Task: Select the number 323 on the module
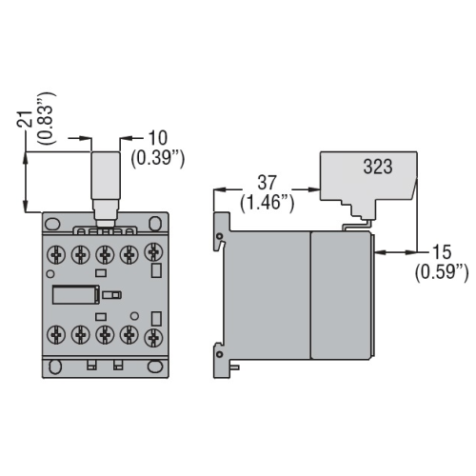pos(377,165)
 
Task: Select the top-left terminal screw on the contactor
pos(57,255)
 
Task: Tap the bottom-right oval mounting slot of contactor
pos(151,366)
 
